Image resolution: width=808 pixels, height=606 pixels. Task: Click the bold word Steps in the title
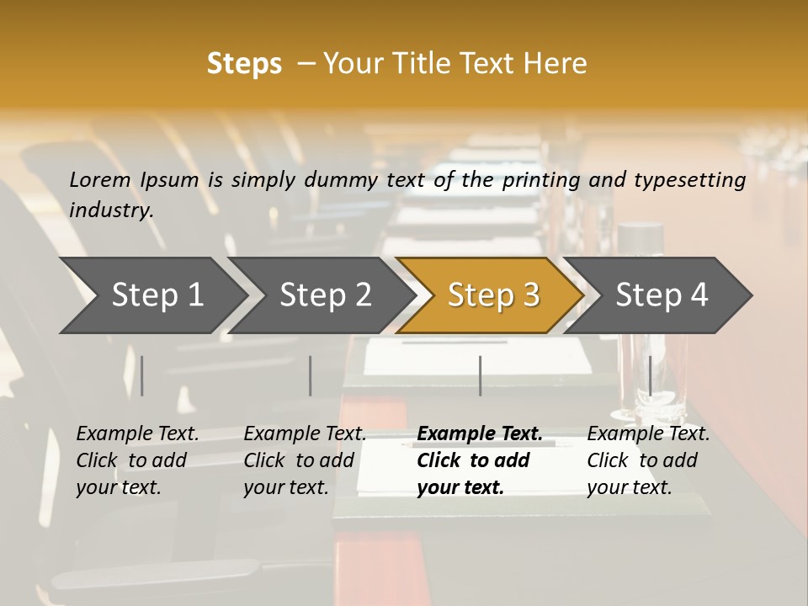point(244,64)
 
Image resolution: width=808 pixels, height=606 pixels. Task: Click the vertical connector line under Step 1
point(142,375)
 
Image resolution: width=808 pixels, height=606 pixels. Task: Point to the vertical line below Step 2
point(311,375)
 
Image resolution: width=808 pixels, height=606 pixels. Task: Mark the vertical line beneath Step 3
point(480,375)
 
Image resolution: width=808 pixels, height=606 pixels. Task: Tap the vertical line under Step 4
point(650,375)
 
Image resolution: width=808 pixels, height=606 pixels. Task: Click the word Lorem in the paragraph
point(100,179)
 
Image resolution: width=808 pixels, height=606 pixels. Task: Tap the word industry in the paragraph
point(111,210)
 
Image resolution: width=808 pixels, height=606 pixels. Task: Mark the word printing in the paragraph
point(540,179)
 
